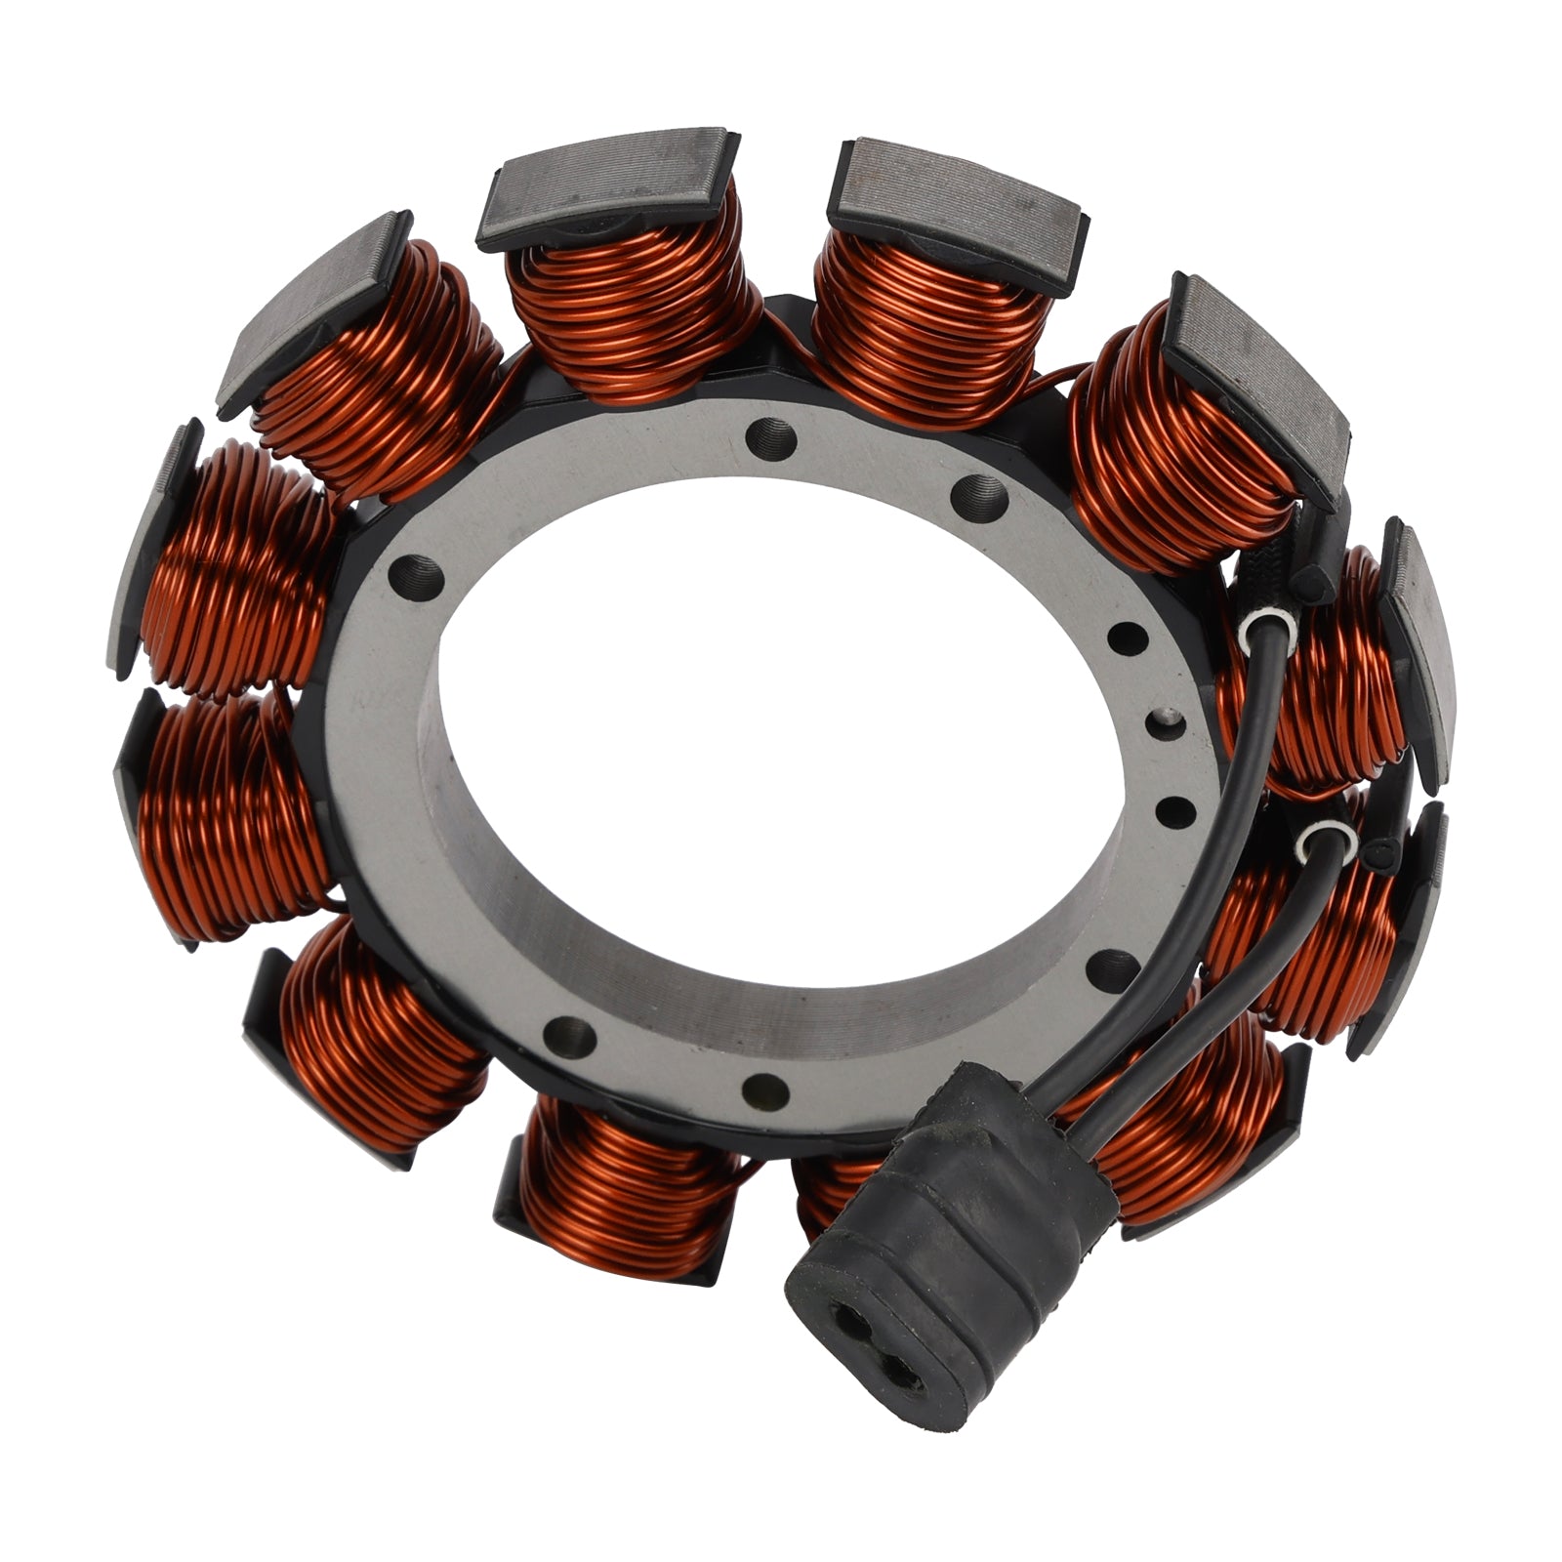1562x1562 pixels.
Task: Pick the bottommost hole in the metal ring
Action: [764, 1091]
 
